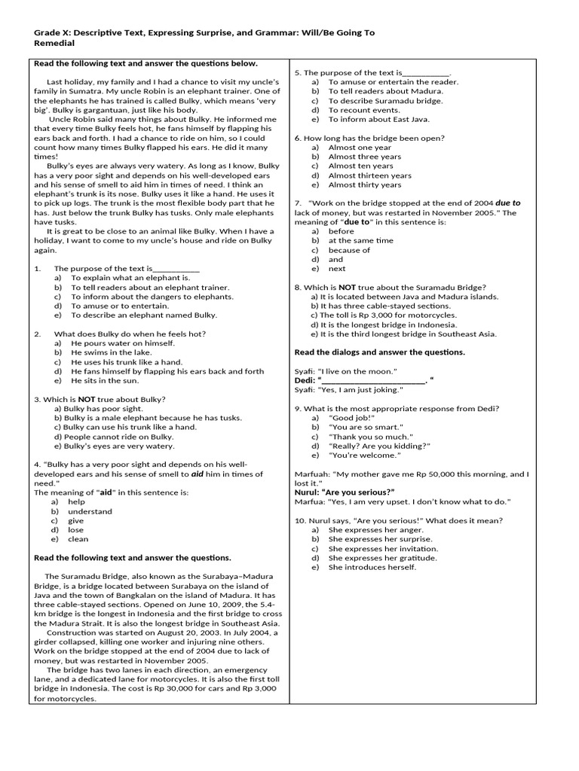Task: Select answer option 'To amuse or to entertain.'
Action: (109, 306)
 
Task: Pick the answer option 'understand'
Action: (90, 511)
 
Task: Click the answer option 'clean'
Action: (78, 539)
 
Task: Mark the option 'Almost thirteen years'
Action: (369, 175)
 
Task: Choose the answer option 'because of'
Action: (349, 250)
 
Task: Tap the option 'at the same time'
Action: (360, 240)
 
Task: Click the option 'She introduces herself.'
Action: (372, 567)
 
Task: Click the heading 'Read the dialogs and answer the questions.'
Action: (379, 352)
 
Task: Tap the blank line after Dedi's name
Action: (373, 380)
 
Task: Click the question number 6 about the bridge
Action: (298, 138)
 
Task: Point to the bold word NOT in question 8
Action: (347, 287)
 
